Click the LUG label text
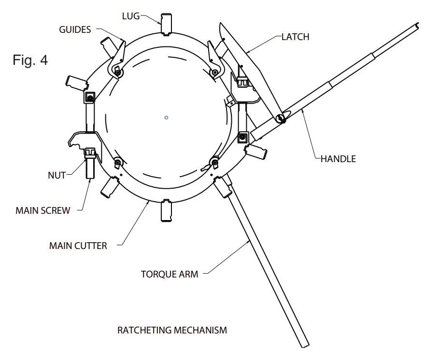130,16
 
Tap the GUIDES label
75,30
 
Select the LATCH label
296,37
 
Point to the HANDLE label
338,159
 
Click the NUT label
57,176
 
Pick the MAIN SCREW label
43,210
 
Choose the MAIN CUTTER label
78,246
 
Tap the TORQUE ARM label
170,274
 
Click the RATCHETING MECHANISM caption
172,331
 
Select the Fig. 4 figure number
30,60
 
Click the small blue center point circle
166,117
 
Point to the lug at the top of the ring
167,24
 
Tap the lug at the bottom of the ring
167,211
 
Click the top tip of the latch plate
221,24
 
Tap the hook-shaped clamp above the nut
82,139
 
